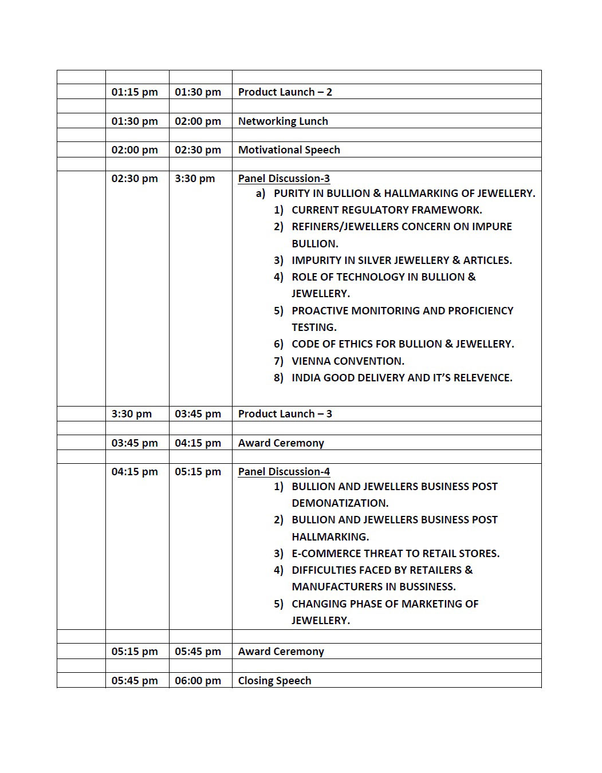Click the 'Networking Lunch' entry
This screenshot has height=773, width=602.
pyautogui.click(x=283, y=121)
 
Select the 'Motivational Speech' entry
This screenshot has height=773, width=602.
pyautogui.click(x=289, y=150)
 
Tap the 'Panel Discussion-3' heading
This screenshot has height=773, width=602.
pyautogui.click(x=284, y=179)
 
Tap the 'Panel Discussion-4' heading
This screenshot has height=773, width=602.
pyautogui.click(x=284, y=472)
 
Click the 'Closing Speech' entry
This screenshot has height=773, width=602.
pyautogui.click(x=274, y=681)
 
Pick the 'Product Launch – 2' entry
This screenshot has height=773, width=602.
pyautogui.click(x=285, y=92)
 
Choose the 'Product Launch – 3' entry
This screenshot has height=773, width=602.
pyautogui.click(x=285, y=414)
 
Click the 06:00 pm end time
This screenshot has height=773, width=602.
pyautogui.click(x=198, y=681)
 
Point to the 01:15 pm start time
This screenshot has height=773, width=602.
pyautogui.click(x=135, y=92)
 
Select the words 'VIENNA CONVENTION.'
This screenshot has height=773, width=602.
pyautogui.click(x=348, y=361)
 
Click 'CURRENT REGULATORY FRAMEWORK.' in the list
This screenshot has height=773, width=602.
pyautogui.click(x=387, y=210)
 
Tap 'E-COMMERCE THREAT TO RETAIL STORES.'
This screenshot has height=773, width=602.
pyautogui.click(x=395, y=554)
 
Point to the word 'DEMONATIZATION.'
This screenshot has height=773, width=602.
pyautogui.click(x=340, y=503)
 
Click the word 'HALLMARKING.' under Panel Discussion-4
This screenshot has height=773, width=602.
pyautogui.click(x=330, y=537)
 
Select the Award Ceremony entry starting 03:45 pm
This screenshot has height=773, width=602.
pyautogui.click(x=281, y=443)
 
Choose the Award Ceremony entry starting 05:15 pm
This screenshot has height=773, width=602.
pyautogui.click(x=281, y=652)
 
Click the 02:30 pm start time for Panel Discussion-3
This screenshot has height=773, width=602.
pyautogui.click(x=135, y=179)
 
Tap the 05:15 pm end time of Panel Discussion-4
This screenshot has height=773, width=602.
pyautogui.click(x=198, y=472)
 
